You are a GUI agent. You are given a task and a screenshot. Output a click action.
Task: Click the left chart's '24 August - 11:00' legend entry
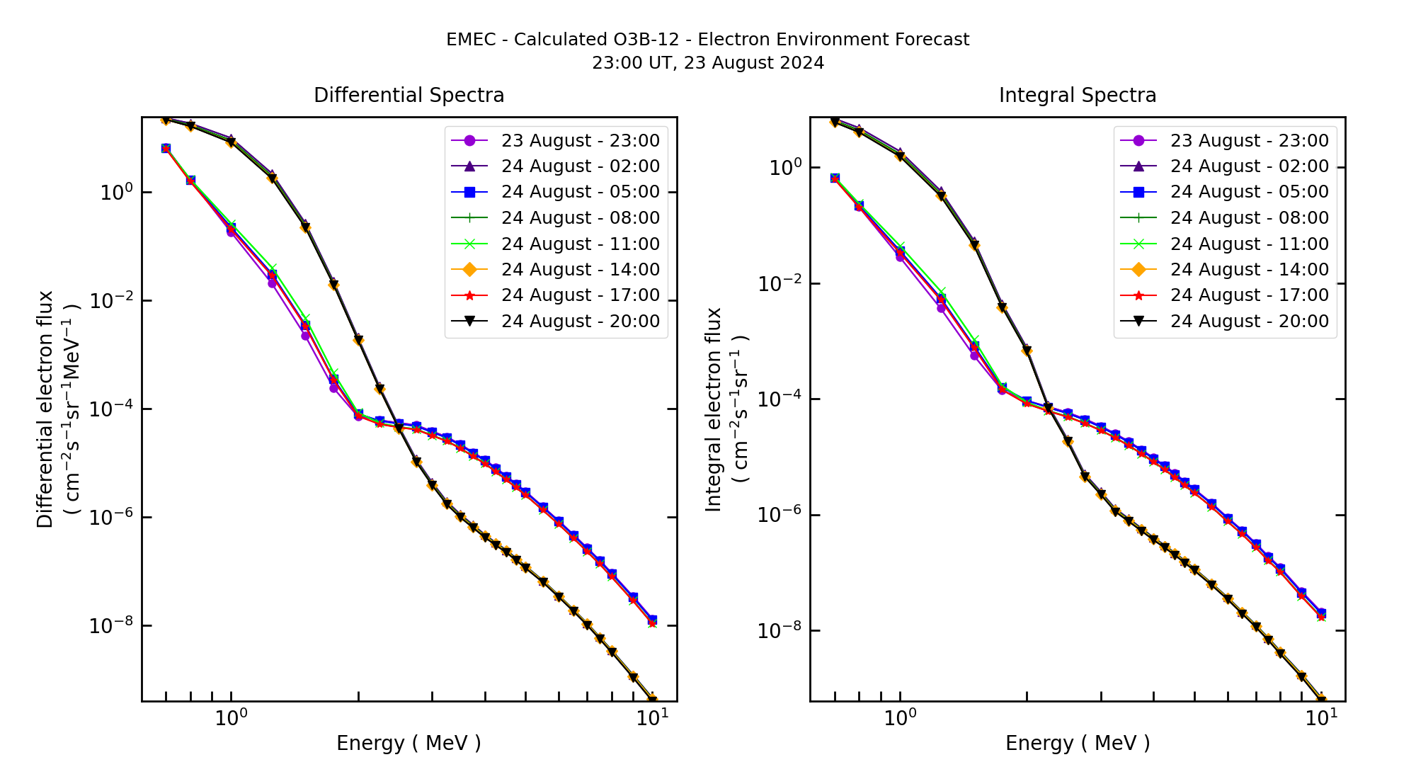pyautogui.click(x=580, y=244)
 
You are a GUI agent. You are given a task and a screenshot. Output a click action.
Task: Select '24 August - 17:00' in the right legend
pyautogui.click(x=1249, y=295)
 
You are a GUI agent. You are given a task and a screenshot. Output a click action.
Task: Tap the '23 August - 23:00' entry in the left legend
pyautogui.click(x=580, y=141)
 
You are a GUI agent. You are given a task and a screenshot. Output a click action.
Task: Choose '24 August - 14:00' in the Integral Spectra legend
pyautogui.click(x=1249, y=270)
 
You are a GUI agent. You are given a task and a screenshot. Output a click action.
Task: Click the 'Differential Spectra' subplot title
pyautogui.click(x=409, y=96)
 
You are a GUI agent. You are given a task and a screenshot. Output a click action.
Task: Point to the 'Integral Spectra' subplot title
pyautogui.click(x=1078, y=96)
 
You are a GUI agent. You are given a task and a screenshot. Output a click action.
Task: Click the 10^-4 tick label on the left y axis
pyautogui.click(x=111, y=409)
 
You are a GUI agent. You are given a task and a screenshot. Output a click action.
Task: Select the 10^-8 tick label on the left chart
pyautogui.click(x=111, y=626)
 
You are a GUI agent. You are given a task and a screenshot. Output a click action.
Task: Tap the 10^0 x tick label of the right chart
pyautogui.click(x=900, y=718)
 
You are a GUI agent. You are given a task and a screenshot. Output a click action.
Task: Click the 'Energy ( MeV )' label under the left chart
pyautogui.click(x=409, y=743)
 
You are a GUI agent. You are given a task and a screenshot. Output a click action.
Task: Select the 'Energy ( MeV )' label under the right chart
pyautogui.click(x=1078, y=743)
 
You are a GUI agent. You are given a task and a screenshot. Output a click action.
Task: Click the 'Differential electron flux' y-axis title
pyautogui.click(x=45, y=409)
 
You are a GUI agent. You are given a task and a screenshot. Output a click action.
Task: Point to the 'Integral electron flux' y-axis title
pyautogui.click(x=714, y=409)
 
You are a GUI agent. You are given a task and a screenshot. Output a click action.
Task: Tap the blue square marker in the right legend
pyautogui.click(x=1138, y=192)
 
